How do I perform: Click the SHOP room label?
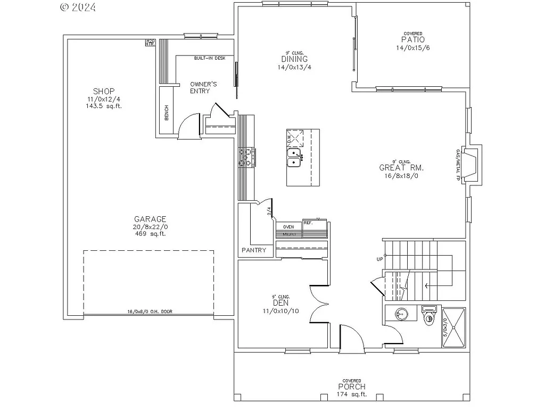[x=104, y=91]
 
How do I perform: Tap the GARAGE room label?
[x=150, y=219]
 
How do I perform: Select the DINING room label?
[x=295, y=59]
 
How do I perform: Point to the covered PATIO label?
[x=413, y=40]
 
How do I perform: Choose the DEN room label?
[x=280, y=303]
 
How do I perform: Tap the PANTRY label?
[x=254, y=250]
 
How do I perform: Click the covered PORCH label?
[x=352, y=387]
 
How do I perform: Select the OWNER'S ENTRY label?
[x=203, y=87]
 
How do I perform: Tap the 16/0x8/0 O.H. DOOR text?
[x=150, y=312]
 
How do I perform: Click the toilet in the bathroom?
[x=429, y=318]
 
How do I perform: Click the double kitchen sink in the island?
[x=294, y=158]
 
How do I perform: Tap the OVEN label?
[x=288, y=227]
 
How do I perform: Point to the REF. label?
[x=308, y=222]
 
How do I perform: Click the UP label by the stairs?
[x=380, y=259]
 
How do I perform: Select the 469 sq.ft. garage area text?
[x=151, y=234]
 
